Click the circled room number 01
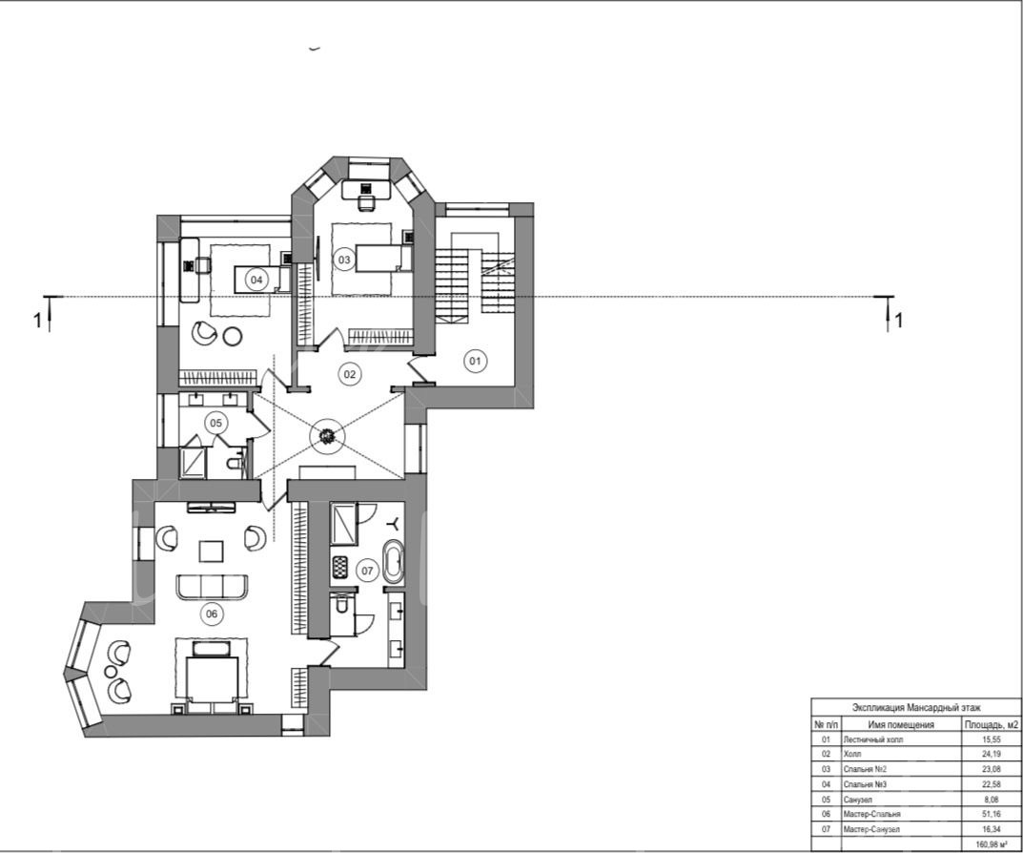(x=475, y=361)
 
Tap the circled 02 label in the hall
(x=350, y=374)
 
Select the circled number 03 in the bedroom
(x=344, y=260)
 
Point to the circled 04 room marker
(x=256, y=280)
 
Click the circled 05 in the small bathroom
(x=216, y=423)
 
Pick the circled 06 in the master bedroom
(x=212, y=614)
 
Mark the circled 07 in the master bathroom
(x=367, y=571)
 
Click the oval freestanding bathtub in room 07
(x=393, y=562)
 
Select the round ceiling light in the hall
(x=327, y=435)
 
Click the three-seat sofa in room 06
(x=212, y=587)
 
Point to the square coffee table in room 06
(x=212, y=551)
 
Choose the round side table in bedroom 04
(x=233, y=337)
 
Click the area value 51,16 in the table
(x=991, y=814)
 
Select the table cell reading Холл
(x=852, y=754)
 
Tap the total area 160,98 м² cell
(x=991, y=844)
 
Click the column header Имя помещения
(x=901, y=724)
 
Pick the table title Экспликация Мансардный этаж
(x=916, y=707)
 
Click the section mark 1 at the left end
(x=37, y=321)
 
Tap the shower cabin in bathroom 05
(x=194, y=462)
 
